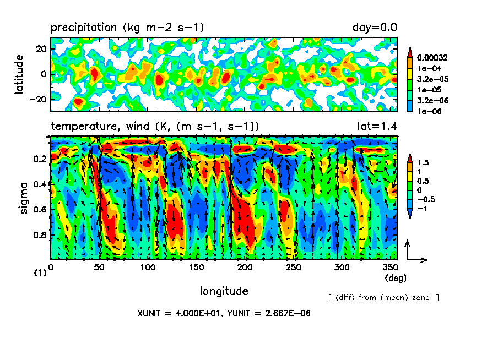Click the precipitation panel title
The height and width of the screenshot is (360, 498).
(x=128, y=27)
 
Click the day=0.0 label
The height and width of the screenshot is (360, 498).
(x=375, y=27)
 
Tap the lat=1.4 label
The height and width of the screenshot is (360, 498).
(x=377, y=126)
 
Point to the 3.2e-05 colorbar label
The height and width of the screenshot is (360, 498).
(x=432, y=79)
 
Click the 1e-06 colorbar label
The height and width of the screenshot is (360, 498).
(x=429, y=111)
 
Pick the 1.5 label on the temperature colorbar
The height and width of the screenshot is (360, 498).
(x=425, y=162)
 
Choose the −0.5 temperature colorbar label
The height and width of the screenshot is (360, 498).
(x=427, y=199)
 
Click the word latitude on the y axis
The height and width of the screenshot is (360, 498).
(x=20, y=74)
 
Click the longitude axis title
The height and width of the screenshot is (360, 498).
(x=223, y=290)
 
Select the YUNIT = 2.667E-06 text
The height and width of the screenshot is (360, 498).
(x=268, y=313)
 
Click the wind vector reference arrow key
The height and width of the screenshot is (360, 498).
(x=415, y=252)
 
